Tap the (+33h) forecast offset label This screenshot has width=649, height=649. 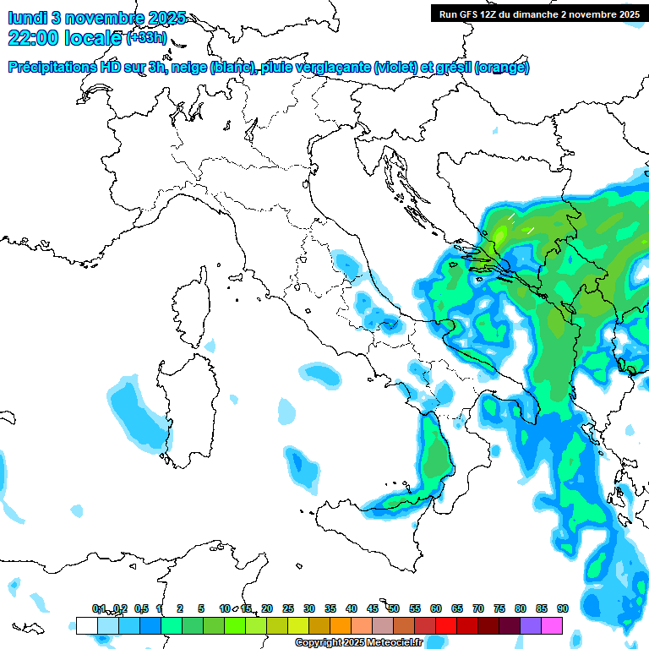tap(148, 37)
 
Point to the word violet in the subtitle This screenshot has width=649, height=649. tap(393, 67)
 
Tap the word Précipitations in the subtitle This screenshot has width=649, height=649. tap(53, 67)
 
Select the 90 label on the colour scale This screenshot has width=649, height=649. tap(562, 608)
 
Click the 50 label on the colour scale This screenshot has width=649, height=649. tap(394, 608)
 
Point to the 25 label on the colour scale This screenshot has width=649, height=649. tap(288, 608)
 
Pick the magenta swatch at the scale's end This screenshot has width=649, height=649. tap(552, 625)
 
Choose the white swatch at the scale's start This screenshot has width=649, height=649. tap(86, 625)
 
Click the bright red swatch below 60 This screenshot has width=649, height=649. tap(445, 625)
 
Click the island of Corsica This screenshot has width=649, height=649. tap(190, 308)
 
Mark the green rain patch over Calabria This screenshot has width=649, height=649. tap(436, 461)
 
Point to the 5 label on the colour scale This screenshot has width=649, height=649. tap(201, 608)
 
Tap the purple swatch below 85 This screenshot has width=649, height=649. tap(531, 625)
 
